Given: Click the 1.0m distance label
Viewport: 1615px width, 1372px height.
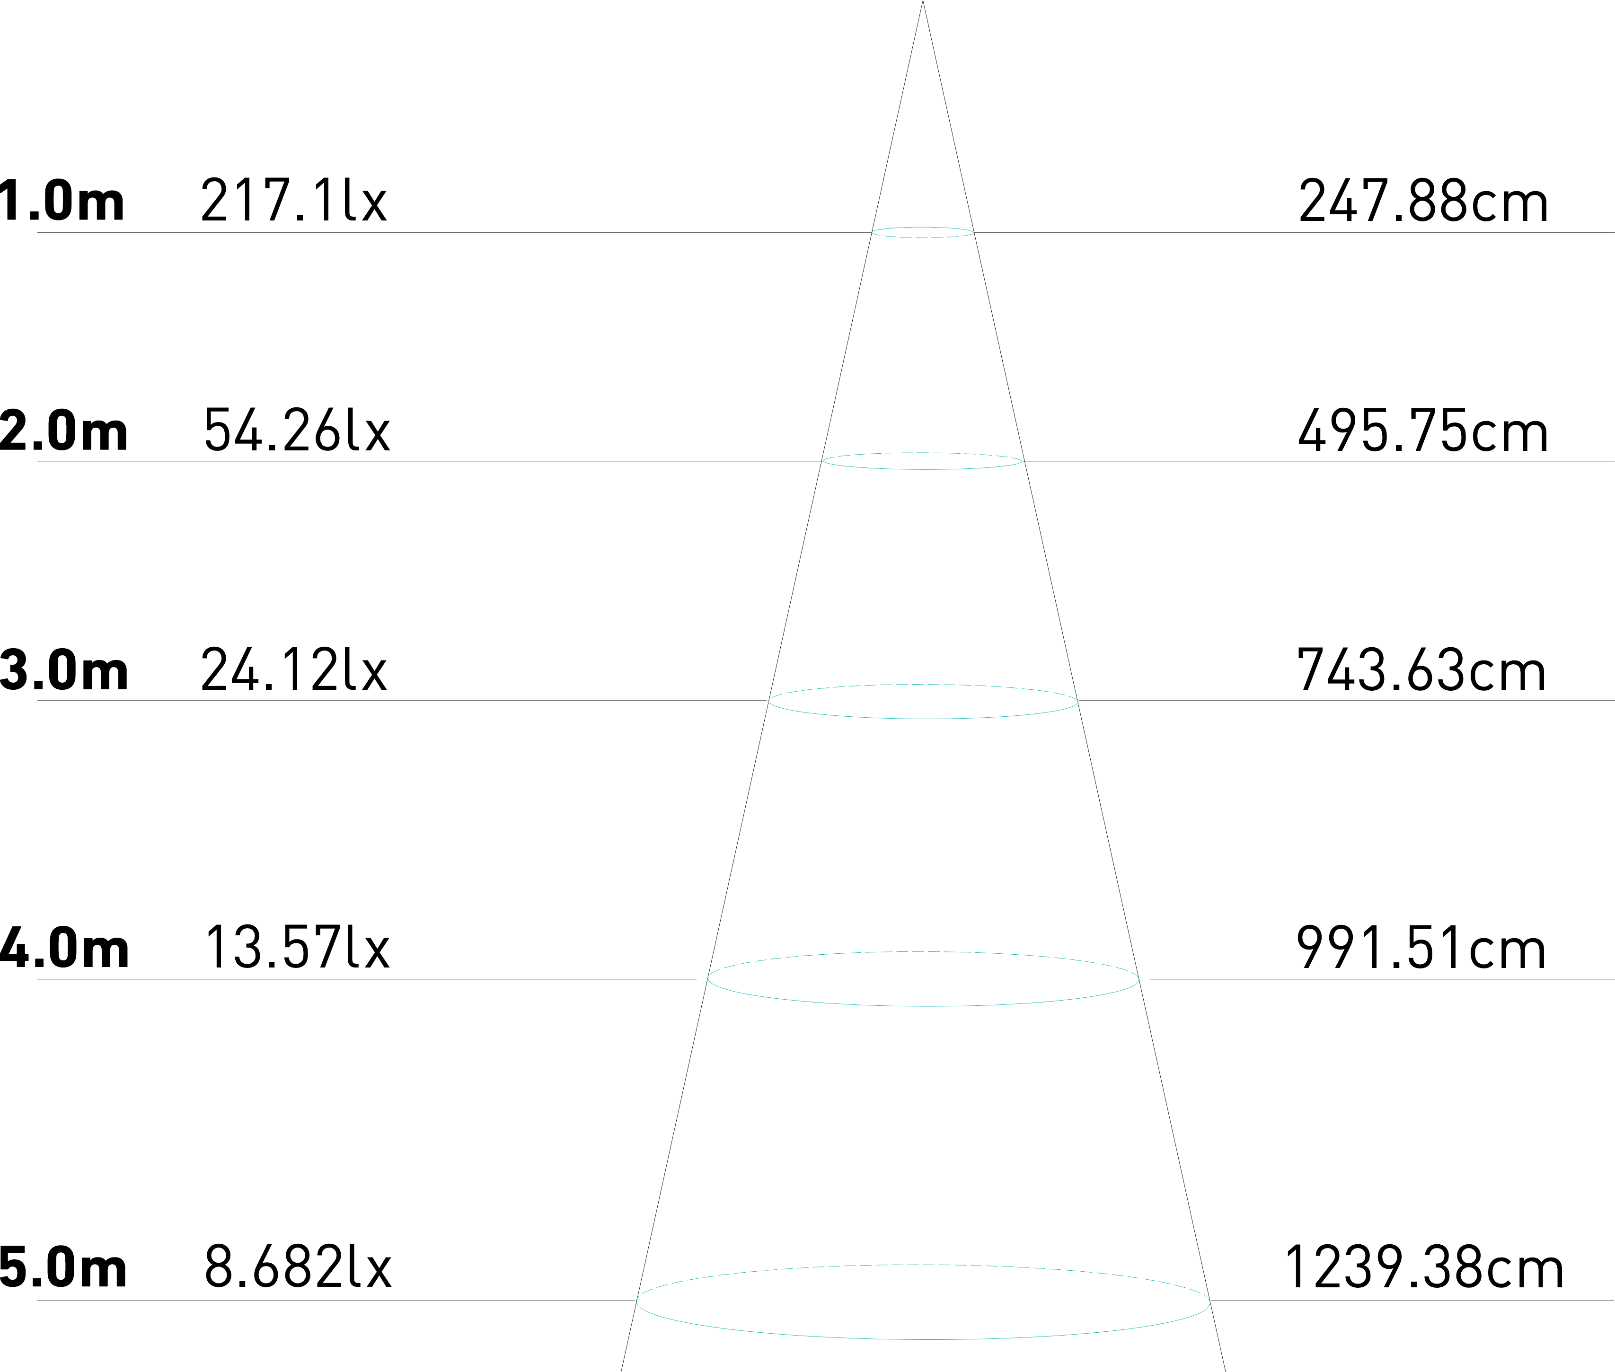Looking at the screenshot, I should click(x=62, y=201).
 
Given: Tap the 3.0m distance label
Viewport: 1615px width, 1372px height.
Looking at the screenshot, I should click(x=64, y=670).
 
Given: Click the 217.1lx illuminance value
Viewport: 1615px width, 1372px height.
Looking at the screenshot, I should click(x=294, y=201).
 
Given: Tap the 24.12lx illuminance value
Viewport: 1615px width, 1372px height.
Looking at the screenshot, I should click(x=294, y=670).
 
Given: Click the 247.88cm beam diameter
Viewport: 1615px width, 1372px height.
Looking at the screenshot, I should click(x=1422, y=201).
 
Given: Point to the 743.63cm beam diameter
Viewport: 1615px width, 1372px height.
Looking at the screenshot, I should click(x=1421, y=670).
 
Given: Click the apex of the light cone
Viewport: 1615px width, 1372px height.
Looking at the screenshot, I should click(x=923, y=3).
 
